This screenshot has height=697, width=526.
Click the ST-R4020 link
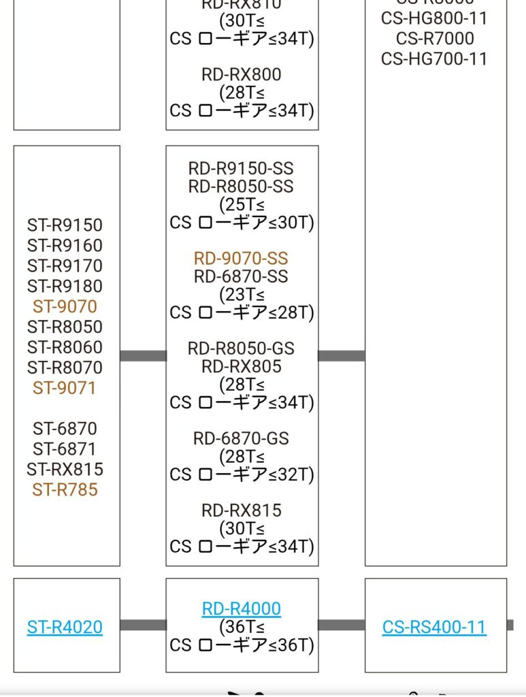[x=65, y=627]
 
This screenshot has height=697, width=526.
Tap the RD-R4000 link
[x=242, y=609]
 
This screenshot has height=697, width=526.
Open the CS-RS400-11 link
[x=434, y=627]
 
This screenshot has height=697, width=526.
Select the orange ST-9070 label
[x=65, y=306]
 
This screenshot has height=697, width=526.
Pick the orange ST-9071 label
[x=65, y=388]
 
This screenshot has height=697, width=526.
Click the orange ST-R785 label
[x=65, y=489]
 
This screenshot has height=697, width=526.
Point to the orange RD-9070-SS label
[x=241, y=259]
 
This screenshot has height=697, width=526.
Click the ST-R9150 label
[x=65, y=225]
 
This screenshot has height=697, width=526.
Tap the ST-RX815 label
[x=65, y=469]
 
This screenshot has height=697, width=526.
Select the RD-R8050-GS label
[x=241, y=348]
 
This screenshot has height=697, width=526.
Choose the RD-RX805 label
[x=241, y=367]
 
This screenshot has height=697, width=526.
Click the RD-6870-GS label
[x=241, y=439]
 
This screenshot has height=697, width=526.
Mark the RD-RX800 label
[x=241, y=74]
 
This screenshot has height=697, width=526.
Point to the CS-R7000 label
[x=434, y=39]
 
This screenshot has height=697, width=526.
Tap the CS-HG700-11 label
[x=434, y=59]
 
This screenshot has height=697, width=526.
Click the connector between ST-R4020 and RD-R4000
[x=143, y=625]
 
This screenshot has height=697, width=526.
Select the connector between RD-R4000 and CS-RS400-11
[x=341, y=625]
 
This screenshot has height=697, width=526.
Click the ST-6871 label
[x=65, y=449]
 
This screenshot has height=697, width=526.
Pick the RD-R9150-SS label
[x=241, y=168]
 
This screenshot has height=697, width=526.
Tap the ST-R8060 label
[x=65, y=347]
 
